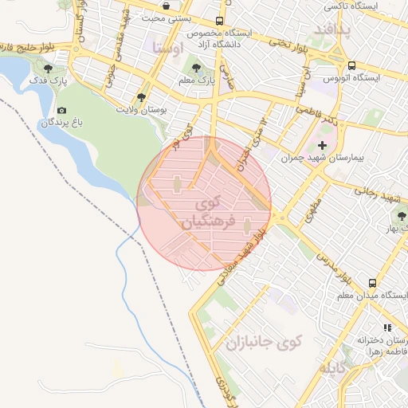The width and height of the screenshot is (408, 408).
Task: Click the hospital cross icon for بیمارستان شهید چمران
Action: (x=322, y=145)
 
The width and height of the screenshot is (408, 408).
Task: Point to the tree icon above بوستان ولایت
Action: (x=141, y=96)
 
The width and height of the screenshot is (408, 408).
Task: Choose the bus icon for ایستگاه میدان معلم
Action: (x=372, y=283)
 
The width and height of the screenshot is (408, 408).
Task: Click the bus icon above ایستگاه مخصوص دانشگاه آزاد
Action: (x=220, y=22)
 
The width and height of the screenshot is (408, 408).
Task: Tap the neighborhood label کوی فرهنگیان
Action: (x=210, y=212)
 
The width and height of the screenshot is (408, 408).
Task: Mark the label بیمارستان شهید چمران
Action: (x=322, y=159)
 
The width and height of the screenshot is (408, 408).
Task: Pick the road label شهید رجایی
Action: (x=375, y=192)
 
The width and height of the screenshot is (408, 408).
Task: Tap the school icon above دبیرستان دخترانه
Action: (x=387, y=327)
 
